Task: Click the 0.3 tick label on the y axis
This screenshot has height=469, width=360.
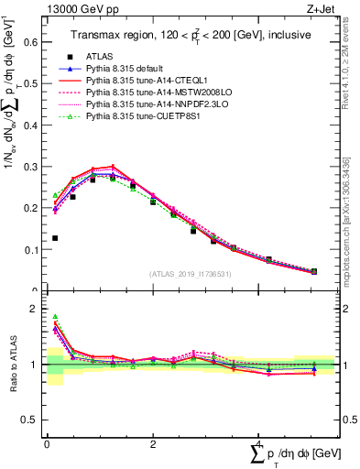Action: point(30,166)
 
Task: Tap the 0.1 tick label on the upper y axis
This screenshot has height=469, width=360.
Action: point(30,249)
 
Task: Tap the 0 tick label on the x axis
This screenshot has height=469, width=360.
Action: point(46,444)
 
